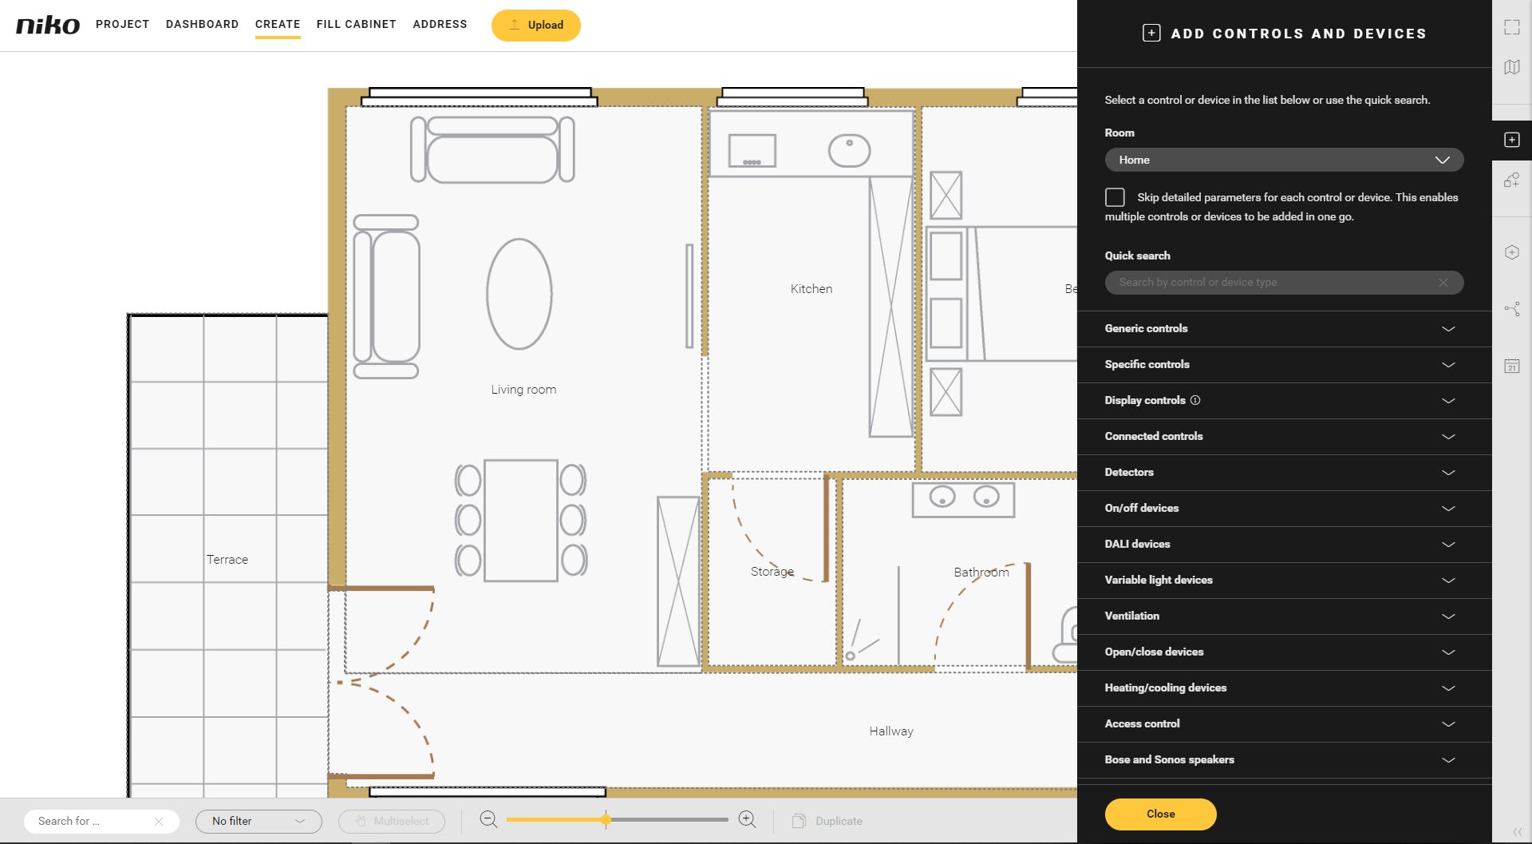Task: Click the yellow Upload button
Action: click(x=535, y=25)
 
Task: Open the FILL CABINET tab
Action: click(x=356, y=24)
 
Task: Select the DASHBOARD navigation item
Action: click(x=202, y=24)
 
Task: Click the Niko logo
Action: click(x=48, y=25)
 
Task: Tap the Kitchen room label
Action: click(x=811, y=288)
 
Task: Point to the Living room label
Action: click(x=523, y=389)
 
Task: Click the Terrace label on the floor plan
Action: click(x=227, y=559)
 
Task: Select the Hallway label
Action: click(x=891, y=731)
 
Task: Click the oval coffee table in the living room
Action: click(x=519, y=294)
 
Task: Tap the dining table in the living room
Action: click(x=521, y=521)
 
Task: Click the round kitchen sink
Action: click(x=849, y=150)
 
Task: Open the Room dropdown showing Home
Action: click(x=1284, y=160)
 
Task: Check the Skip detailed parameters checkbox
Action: click(x=1115, y=197)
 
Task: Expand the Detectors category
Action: click(x=1284, y=473)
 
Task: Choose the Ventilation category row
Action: click(x=1284, y=616)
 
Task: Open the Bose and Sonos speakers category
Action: click(x=1284, y=760)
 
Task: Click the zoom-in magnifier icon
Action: click(x=747, y=819)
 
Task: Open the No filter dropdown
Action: click(x=259, y=821)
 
